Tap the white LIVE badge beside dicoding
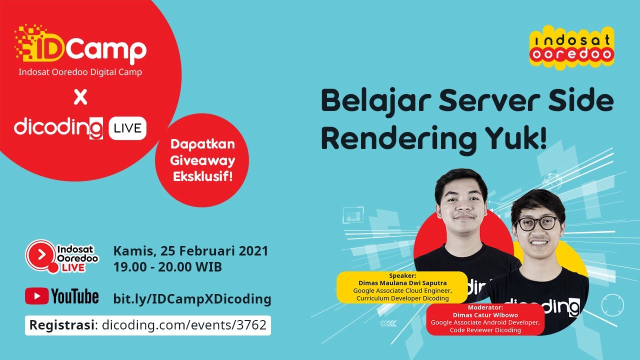(127, 129)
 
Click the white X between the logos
(80, 97)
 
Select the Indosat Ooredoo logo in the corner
(571, 47)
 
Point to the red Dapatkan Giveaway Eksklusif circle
(202, 160)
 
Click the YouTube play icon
(36, 296)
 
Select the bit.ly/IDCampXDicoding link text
(192, 299)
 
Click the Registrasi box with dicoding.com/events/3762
(148, 325)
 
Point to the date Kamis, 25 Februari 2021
(191, 250)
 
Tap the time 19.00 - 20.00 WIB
(167, 267)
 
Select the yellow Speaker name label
(402, 287)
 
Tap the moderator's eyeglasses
(536, 223)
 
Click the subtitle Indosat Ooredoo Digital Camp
(80, 72)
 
